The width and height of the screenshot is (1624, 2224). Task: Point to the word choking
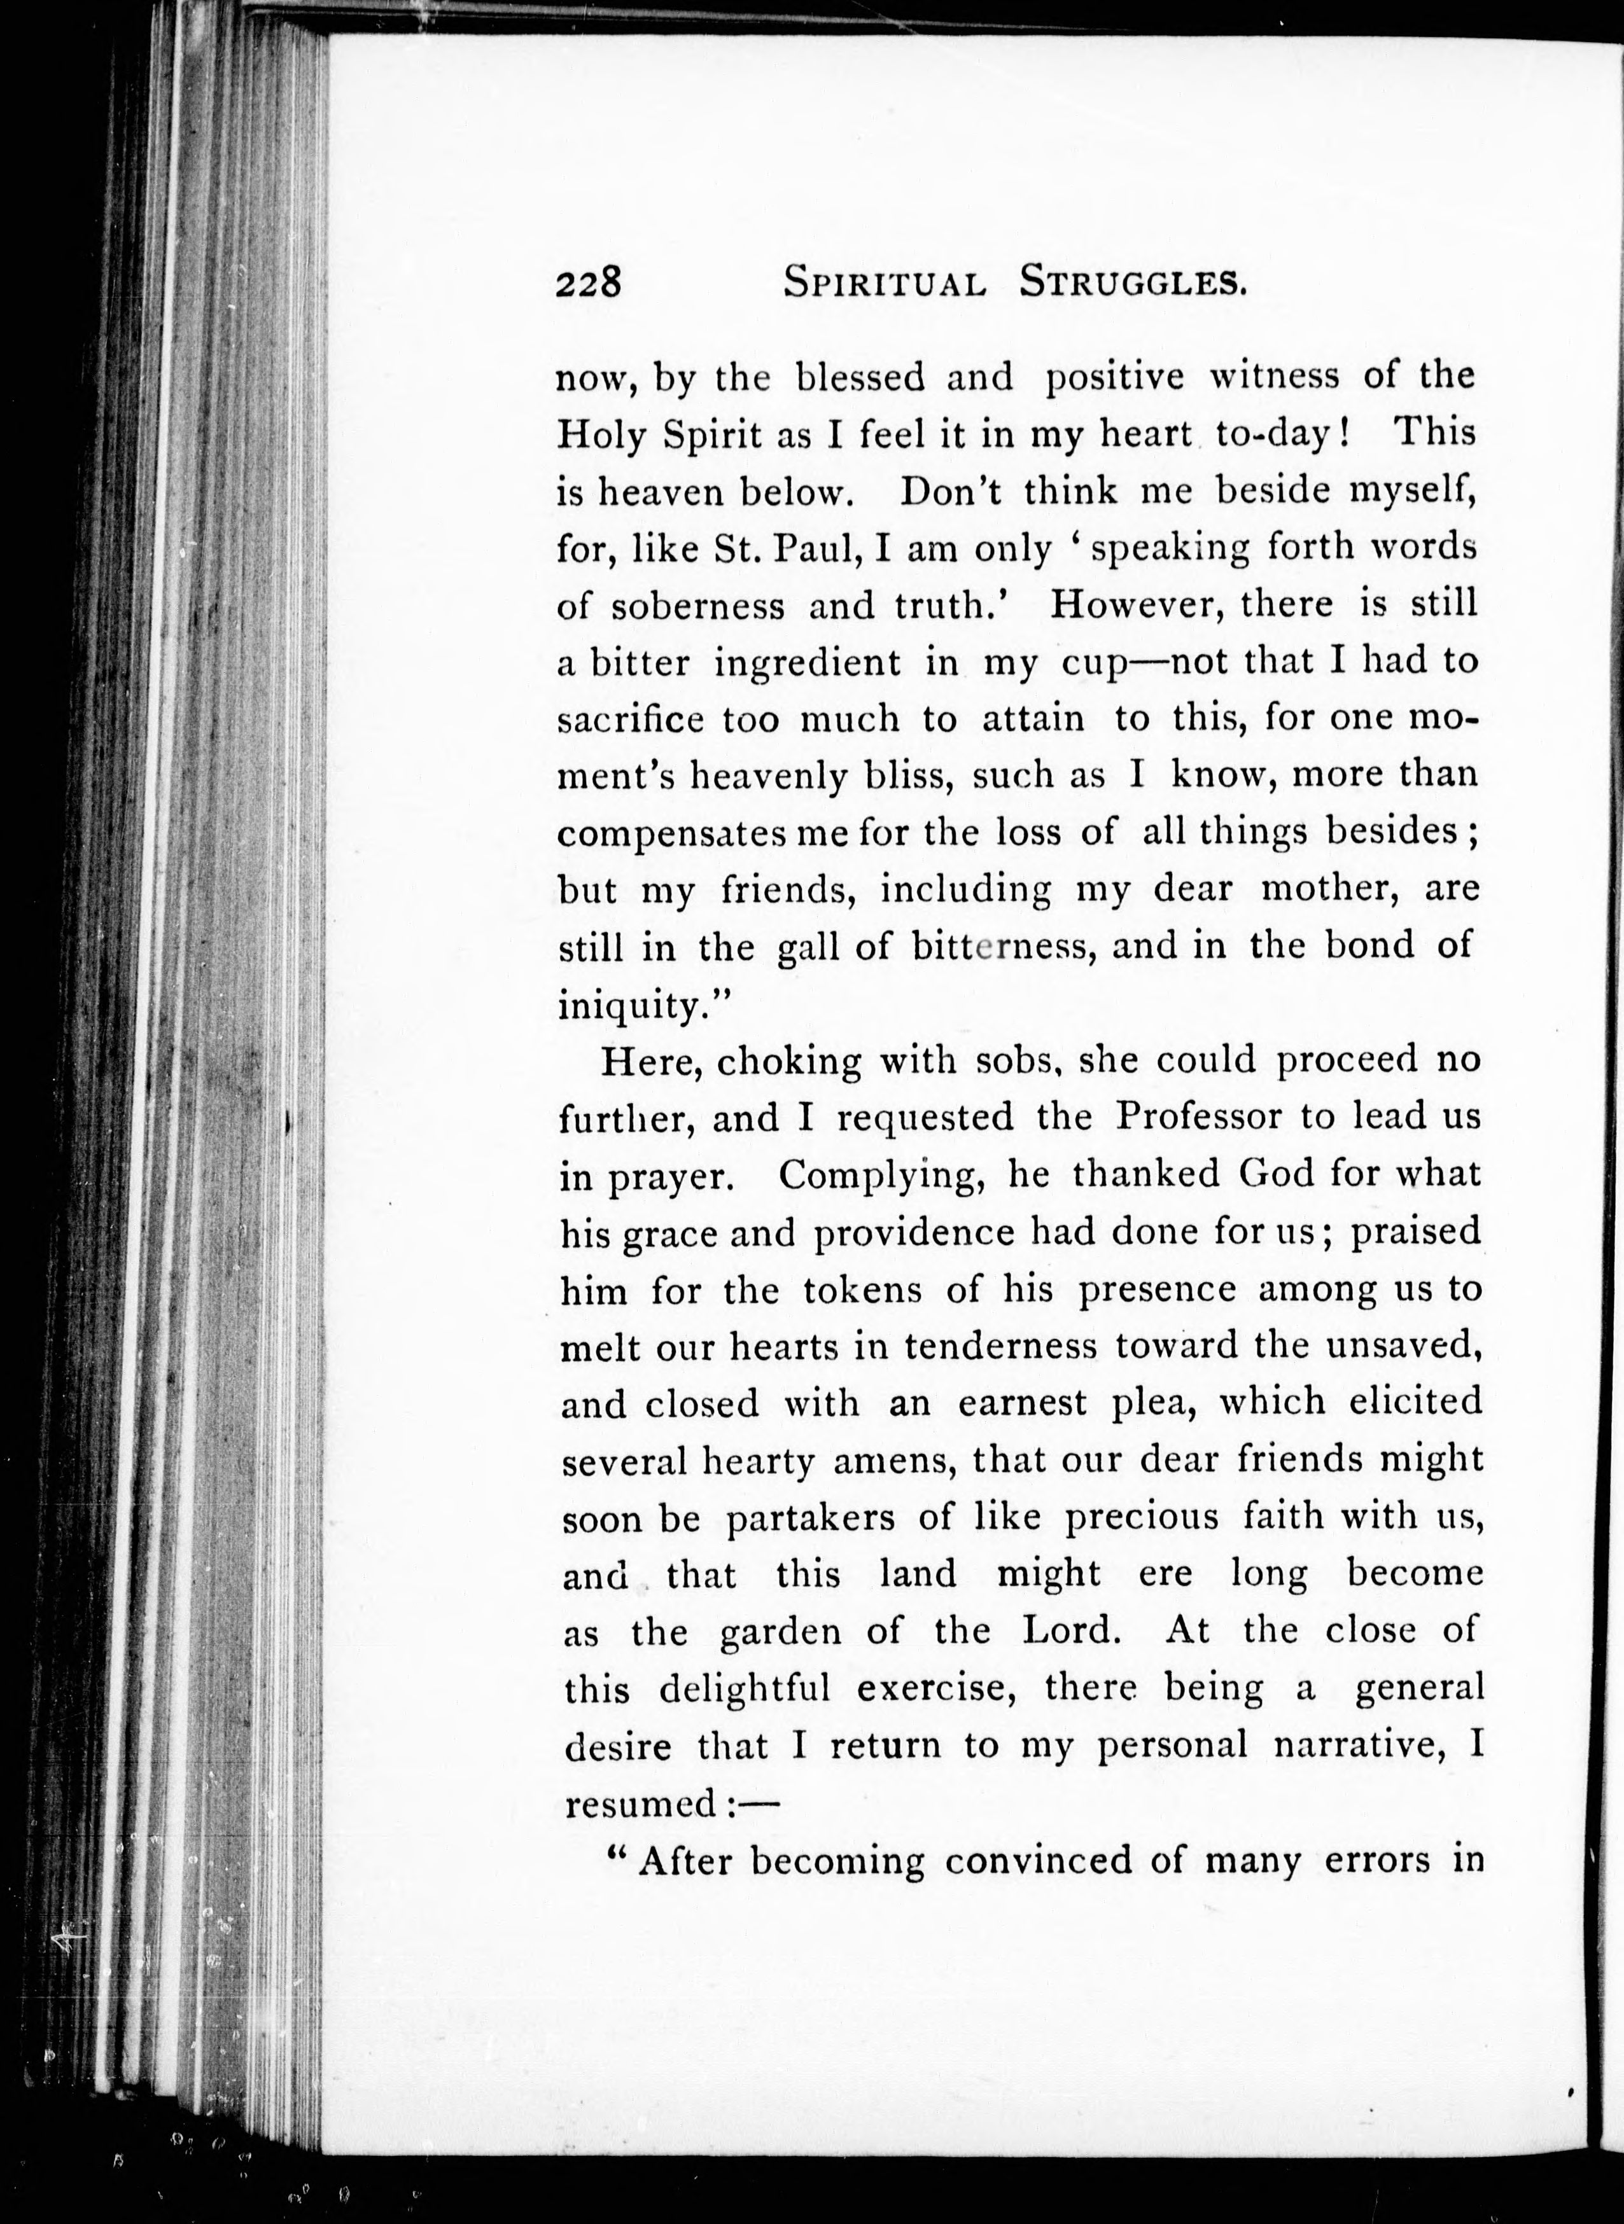click(788, 1061)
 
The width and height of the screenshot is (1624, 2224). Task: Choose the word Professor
click(1198, 1117)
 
